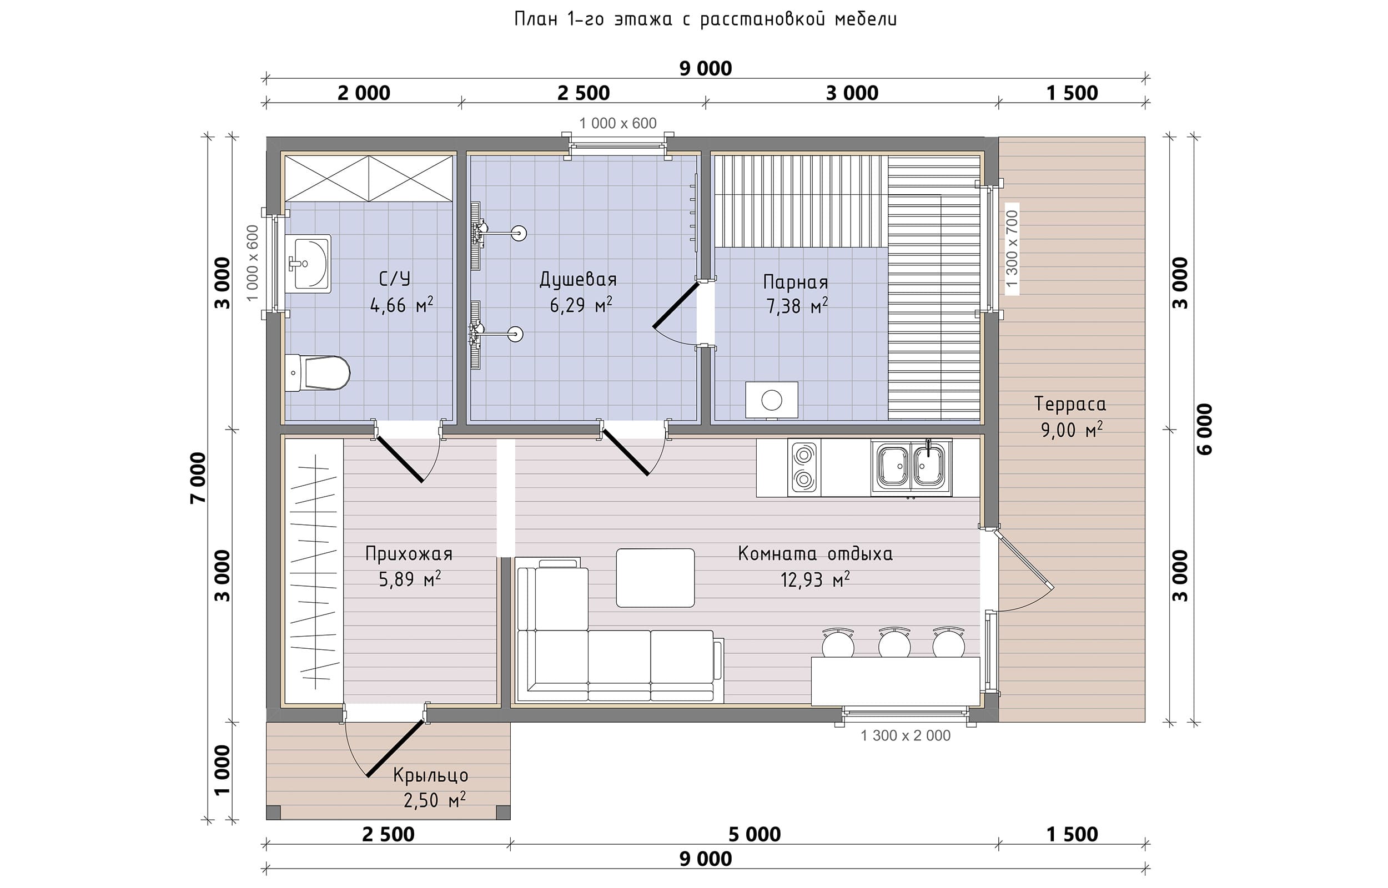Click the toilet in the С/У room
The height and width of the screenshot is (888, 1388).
(317, 372)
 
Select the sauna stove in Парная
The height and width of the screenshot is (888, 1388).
(772, 400)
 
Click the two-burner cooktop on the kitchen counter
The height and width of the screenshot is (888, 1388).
(804, 467)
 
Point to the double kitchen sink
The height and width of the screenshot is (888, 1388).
(911, 467)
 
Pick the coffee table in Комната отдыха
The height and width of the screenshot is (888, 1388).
(655, 578)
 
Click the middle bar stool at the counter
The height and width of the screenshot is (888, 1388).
(894, 643)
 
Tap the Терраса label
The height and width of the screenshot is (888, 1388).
(1070, 404)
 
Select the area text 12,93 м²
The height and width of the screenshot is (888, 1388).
(815, 579)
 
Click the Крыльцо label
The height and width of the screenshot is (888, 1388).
(430, 775)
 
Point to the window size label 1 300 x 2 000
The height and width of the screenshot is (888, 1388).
(906, 735)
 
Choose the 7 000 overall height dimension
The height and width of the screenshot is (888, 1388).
(198, 478)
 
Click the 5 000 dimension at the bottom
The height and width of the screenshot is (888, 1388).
(755, 834)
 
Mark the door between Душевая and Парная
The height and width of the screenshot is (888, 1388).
(676, 305)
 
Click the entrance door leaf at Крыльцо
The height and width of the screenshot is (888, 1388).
(396, 749)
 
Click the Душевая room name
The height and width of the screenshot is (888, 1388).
(578, 280)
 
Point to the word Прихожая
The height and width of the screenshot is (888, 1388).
(409, 554)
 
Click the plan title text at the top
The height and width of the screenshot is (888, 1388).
(705, 19)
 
